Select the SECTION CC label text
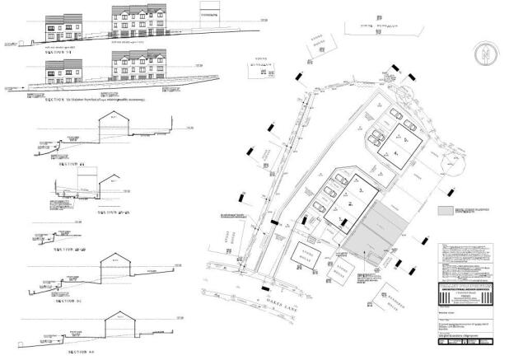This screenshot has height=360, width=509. [72, 302]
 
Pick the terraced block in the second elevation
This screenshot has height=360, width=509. [140, 68]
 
